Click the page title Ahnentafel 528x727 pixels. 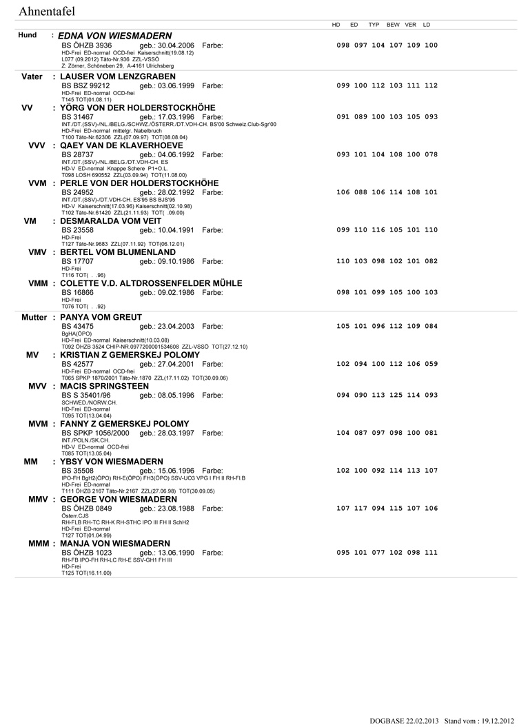(x=47, y=11)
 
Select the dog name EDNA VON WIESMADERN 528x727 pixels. (x=115, y=35)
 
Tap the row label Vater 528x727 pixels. (x=32, y=76)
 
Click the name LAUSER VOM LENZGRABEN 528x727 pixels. (x=118, y=76)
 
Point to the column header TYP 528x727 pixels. (x=374, y=25)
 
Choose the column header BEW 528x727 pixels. (x=393, y=25)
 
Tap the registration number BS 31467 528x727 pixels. (x=78, y=117)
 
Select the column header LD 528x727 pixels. (x=427, y=25)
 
